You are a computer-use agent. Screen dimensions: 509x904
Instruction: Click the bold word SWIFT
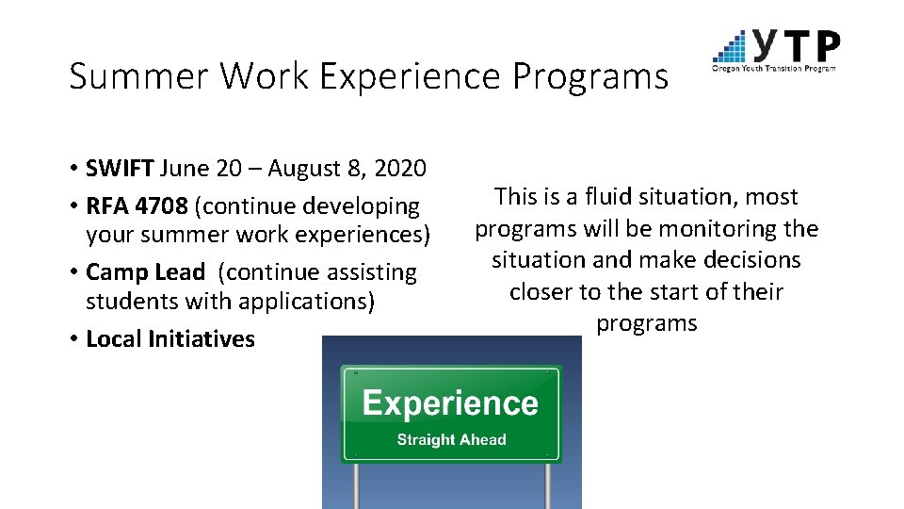click(x=120, y=169)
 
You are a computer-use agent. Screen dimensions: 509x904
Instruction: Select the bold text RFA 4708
click(x=137, y=205)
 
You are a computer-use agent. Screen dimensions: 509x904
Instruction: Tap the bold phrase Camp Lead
click(x=145, y=272)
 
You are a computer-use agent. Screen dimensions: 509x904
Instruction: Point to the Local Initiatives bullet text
click(x=169, y=338)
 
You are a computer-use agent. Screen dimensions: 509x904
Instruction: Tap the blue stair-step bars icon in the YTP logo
click(x=731, y=47)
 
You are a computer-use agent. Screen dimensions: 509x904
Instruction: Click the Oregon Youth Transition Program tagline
click(x=774, y=68)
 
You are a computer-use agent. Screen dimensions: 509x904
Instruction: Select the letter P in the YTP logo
click(x=825, y=45)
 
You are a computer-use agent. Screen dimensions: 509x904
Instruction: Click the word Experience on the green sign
click(x=450, y=403)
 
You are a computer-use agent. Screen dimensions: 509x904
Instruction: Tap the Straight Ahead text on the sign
click(x=451, y=439)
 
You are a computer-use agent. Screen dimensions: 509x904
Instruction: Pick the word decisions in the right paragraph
click(x=750, y=260)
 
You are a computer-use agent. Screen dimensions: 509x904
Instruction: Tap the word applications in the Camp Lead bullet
click(x=315, y=302)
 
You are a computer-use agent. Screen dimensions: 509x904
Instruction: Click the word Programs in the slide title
click(x=590, y=76)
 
